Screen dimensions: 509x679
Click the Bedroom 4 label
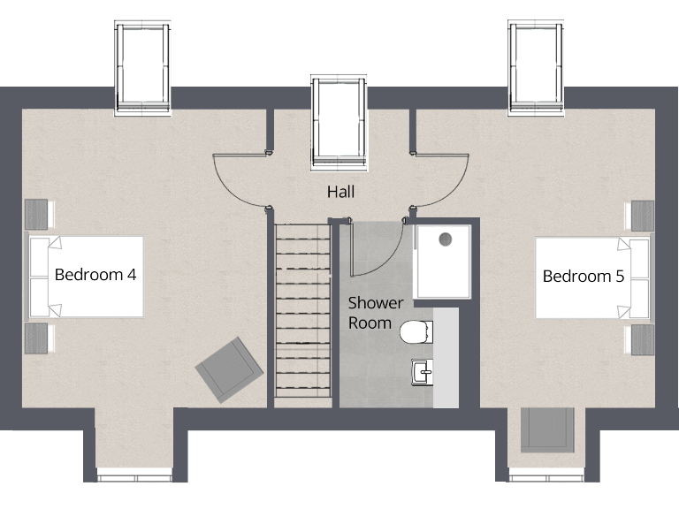pyautogui.click(x=95, y=275)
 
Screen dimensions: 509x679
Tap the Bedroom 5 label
pyautogui.click(x=584, y=277)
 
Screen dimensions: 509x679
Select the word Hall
pyautogui.click(x=341, y=191)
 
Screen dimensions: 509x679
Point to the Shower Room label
pyautogui.click(x=375, y=313)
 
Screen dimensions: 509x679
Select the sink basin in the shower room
pyautogui.click(x=422, y=372)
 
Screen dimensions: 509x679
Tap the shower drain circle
pyautogui.click(x=445, y=238)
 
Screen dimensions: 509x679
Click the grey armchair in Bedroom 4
pyautogui.click(x=229, y=368)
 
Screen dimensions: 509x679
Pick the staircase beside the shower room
pyautogui.click(x=302, y=314)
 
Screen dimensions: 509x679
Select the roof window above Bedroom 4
pyautogui.click(x=142, y=68)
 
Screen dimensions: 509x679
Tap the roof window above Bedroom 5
pyautogui.click(x=536, y=68)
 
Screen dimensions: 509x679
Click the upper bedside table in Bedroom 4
pyautogui.click(x=36, y=215)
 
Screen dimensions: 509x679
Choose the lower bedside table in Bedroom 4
pyautogui.click(x=36, y=338)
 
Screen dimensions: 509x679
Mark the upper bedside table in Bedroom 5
pyautogui.click(x=642, y=216)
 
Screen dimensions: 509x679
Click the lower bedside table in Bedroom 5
pyautogui.click(x=642, y=339)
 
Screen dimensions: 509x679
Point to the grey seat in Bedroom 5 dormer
pyautogui.click(x=546, y=430)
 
